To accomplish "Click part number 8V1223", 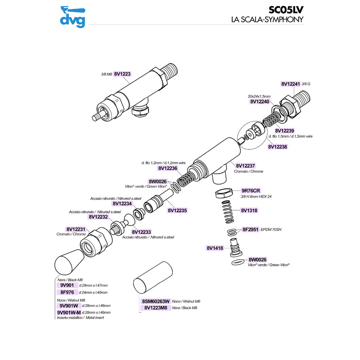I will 122,74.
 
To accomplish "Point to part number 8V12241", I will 290,84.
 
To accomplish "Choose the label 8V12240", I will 259,102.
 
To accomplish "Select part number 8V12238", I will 277,146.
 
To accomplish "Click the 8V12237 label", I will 245,166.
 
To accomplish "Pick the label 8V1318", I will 249,210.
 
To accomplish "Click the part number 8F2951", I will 250,229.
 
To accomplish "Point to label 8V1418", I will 215,247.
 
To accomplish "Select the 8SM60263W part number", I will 155,301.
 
